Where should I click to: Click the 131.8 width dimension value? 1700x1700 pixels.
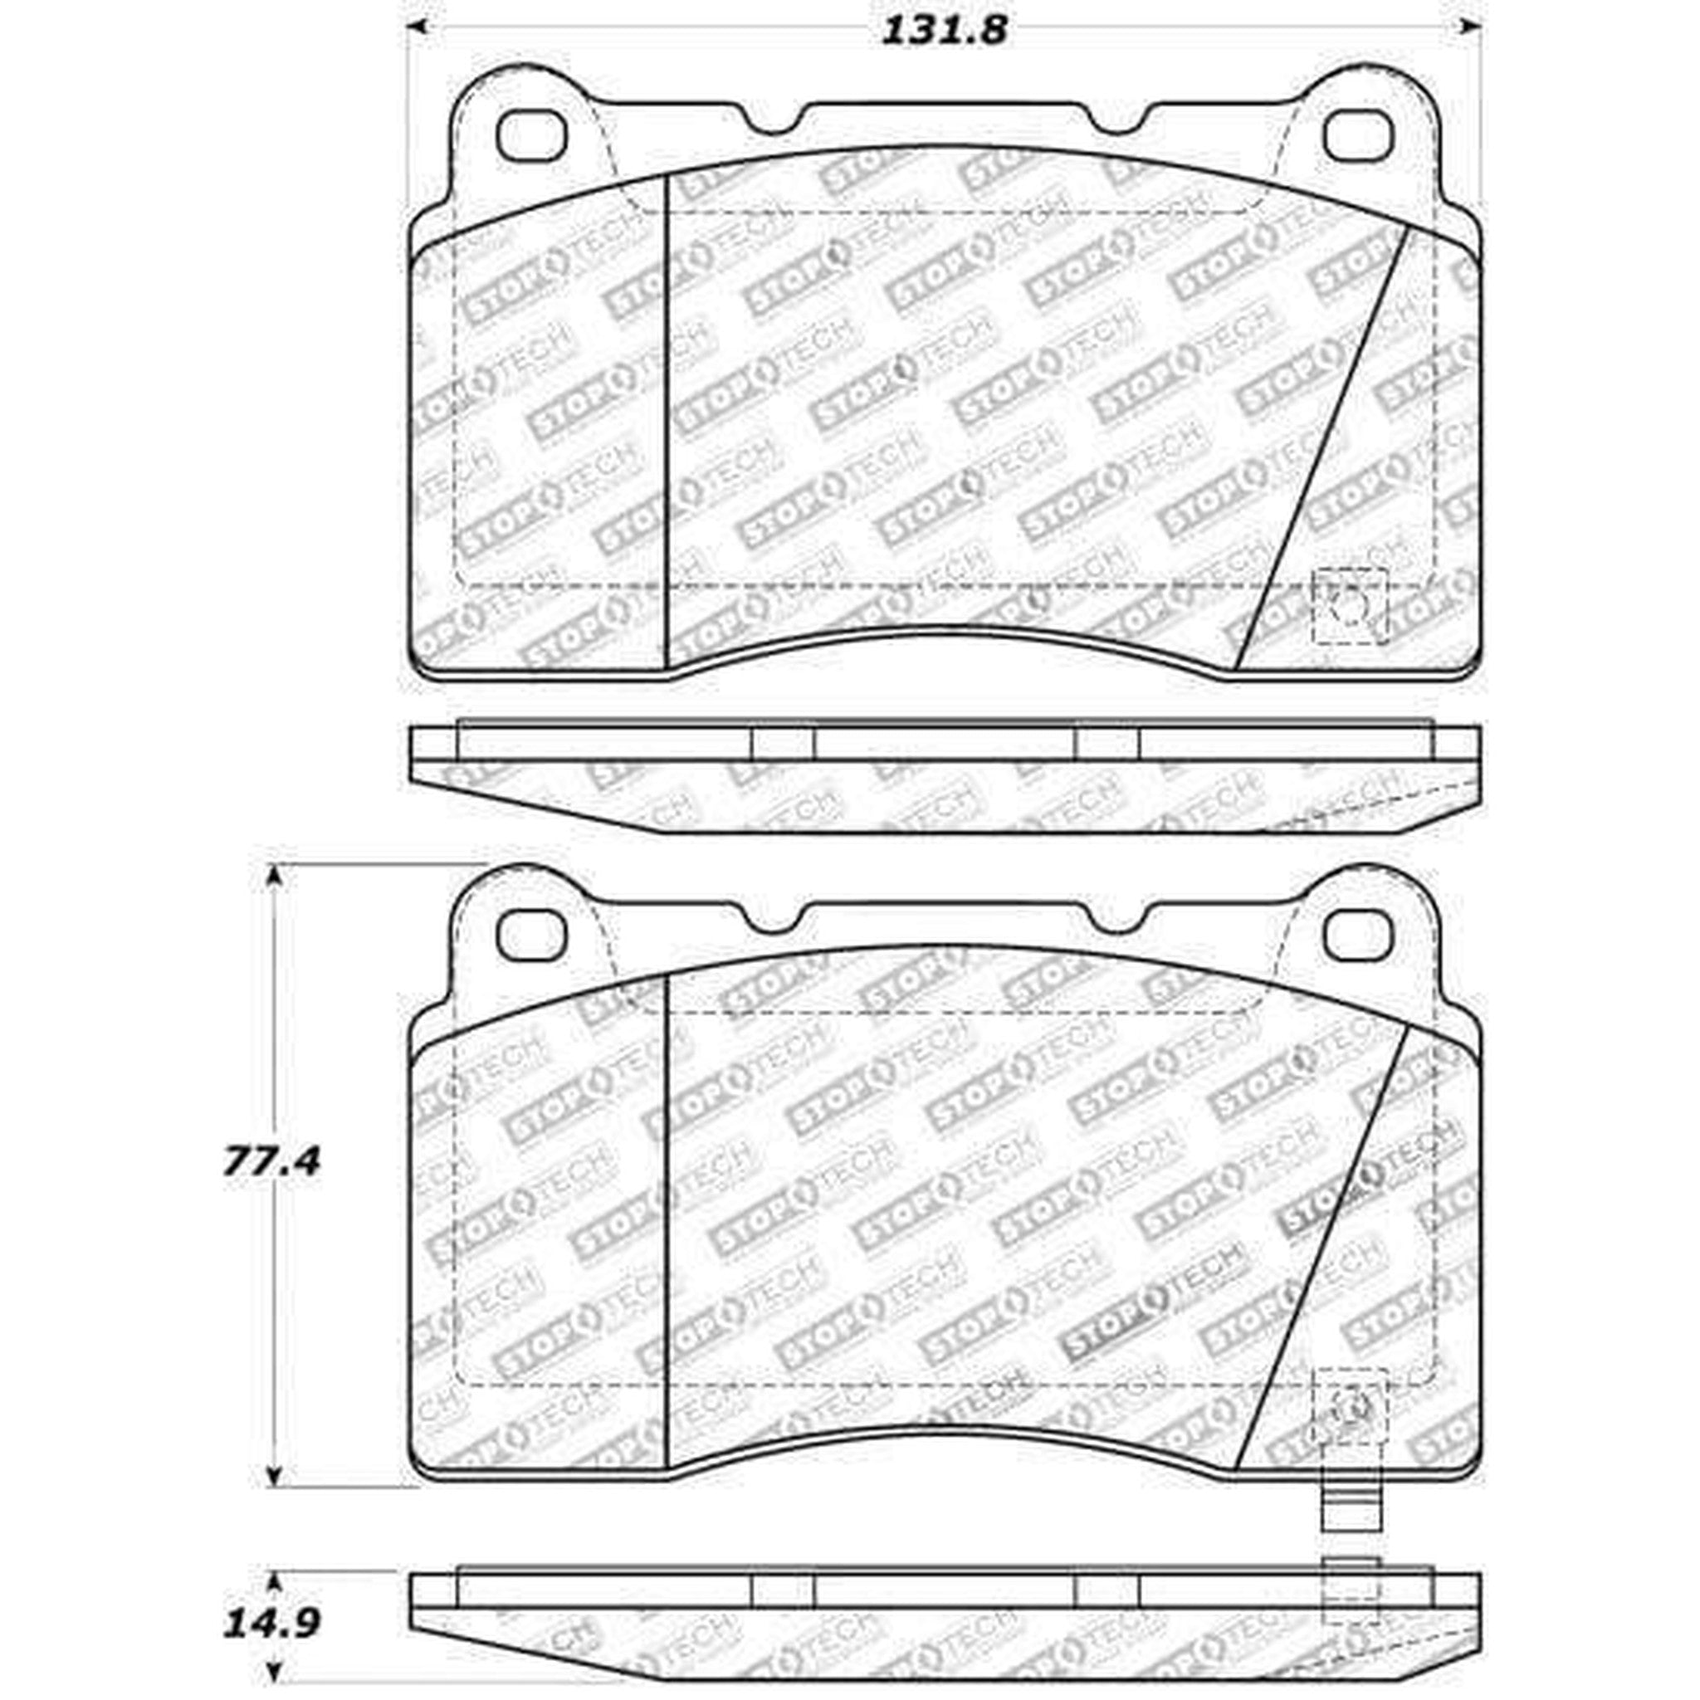coord(943,32)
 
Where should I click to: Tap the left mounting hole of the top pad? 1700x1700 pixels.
coord(531,136)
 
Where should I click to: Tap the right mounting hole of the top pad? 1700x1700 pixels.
coord(1360,136)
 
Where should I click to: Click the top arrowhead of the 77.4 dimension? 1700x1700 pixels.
coord(276,876)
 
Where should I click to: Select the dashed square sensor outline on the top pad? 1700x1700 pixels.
coord(1349,605)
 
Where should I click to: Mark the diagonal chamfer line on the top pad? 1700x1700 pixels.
coord(1320,449)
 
